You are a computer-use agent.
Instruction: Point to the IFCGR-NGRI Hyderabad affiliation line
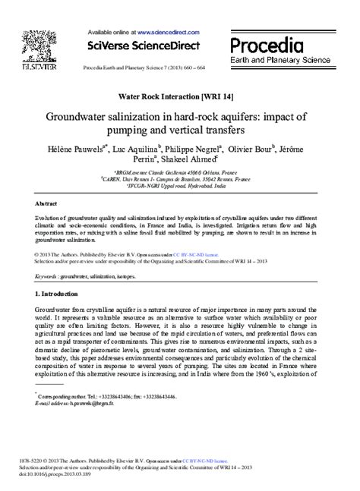point(180,186)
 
